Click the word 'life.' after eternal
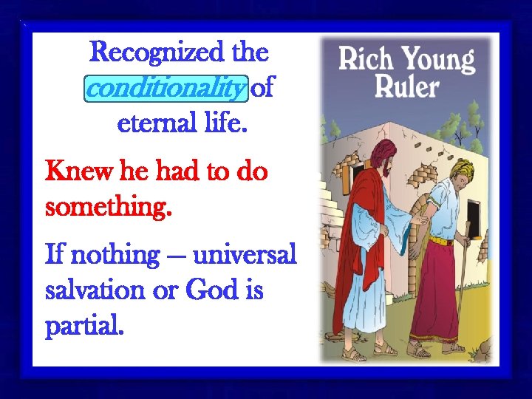[225, 123]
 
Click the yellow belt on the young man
[440, 241]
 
